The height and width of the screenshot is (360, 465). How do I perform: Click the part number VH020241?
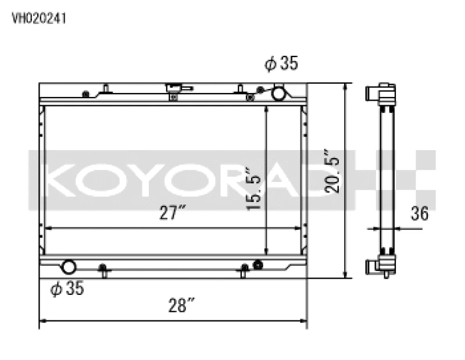coord(39,18)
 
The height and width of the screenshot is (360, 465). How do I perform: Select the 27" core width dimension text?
coord(172,213)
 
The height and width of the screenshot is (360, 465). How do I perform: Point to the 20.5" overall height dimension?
coord(331,180)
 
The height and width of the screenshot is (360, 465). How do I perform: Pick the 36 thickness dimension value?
coord(419,213)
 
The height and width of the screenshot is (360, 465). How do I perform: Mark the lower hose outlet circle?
coord(69,268)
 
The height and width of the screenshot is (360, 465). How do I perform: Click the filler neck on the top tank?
coord(173,91)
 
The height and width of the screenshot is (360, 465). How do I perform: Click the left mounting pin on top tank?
coord(106,89)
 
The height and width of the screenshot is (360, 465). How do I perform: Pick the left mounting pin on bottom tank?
coord(103,270)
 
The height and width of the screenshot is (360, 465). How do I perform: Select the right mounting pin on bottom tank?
coord(245,270)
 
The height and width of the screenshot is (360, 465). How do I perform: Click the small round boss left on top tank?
coord(86,94)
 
